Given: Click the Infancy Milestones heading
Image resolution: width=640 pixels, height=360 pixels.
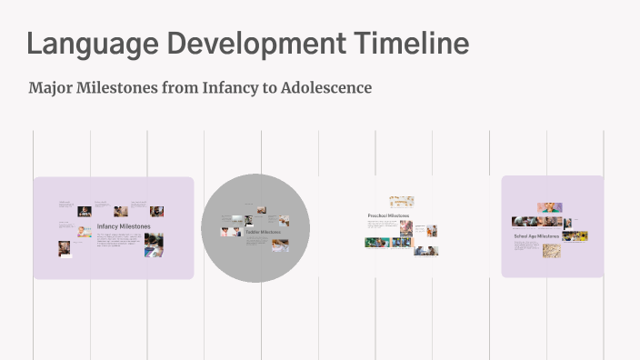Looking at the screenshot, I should [124, 225].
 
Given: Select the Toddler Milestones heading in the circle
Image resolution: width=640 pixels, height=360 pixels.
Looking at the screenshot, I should [263, 232].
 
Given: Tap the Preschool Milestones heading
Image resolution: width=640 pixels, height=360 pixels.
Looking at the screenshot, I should [388, 215].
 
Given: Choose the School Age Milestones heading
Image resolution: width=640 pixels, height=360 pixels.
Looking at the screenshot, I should [536, 236].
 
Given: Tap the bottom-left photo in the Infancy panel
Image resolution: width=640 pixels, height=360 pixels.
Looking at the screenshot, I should [65, 248].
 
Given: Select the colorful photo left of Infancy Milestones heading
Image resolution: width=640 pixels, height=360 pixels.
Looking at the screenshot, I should [84, 231].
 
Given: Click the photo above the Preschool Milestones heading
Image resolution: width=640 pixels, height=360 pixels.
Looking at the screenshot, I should [401, 202].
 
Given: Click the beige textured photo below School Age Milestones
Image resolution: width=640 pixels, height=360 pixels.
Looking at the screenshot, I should [552, 250].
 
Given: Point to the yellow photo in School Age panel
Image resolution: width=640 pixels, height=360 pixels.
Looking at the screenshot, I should [575, 236].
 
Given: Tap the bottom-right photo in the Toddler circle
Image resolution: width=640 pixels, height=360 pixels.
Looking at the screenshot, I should [280, 244].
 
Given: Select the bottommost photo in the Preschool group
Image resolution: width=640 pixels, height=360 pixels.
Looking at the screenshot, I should [425, 250].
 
